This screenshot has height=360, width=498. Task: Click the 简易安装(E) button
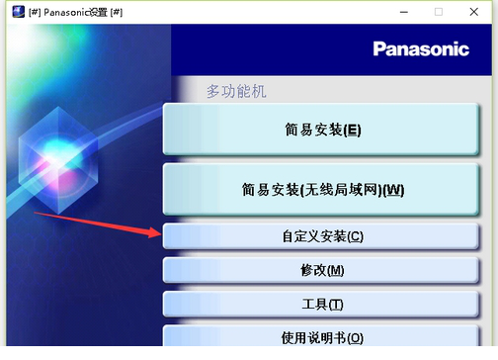[323, 130]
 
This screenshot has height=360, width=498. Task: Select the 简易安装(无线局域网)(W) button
[323, 189]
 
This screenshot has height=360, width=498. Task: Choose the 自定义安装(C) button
[323, 236]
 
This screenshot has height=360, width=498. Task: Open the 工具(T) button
[323, 305]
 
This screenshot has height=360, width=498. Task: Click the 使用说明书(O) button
[323, 337]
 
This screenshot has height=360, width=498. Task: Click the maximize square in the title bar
[439, 12]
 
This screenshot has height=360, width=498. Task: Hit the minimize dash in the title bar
[400, 12]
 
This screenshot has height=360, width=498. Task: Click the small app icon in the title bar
[16, 12]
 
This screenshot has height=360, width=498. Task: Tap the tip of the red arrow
[159, 234]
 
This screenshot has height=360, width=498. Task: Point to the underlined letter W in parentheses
[392, 189]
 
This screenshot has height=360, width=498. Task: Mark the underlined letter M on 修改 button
[335, 271]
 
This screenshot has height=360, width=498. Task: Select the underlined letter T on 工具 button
[335, 305]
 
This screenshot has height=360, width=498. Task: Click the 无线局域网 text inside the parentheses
[342, 189]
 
